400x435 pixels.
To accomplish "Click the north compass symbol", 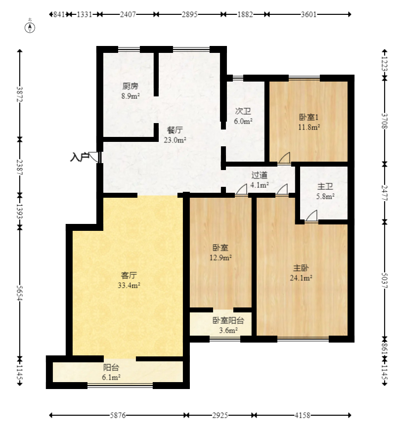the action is tap(30, 28).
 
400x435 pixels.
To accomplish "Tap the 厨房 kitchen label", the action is tap(130, 87).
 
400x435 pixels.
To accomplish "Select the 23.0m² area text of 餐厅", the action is tap(175, 140).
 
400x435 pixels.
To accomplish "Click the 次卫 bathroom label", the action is tap(243, 111).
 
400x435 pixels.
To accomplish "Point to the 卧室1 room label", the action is tap(309, 117).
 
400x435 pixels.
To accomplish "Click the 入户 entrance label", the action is tap(80, 157).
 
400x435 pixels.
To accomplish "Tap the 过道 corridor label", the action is tap(259, 175).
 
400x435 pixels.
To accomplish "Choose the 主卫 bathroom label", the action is tap(325, 186).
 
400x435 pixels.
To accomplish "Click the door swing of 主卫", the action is tap(311, 216).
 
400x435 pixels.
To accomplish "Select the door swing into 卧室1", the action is tap(284, 158).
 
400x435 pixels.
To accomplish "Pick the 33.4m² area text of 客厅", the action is tap(129, 285).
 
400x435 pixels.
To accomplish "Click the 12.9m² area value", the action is tap(221, 258).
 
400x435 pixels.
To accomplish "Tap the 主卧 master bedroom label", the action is tap(301, 268).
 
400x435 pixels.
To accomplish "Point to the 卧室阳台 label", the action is tap(228, 320).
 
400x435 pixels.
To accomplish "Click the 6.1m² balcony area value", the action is tap(111, 377).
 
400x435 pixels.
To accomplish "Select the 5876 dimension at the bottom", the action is tap(118, 415).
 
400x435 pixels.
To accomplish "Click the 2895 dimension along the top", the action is tap(189, 14).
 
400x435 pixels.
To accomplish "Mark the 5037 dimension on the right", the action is tap(385, 280).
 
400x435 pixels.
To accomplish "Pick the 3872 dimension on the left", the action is tap(19, 94).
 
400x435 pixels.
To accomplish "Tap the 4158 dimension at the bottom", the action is tap(302, 415).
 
